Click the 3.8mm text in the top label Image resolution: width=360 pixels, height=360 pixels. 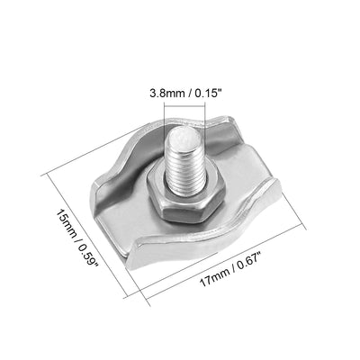(165, 92)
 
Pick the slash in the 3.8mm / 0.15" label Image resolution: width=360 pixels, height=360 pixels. (184, 92)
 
